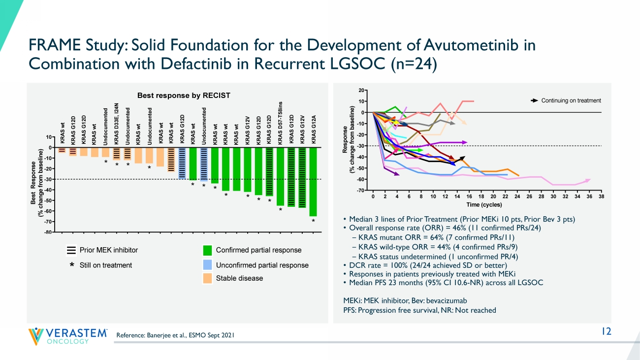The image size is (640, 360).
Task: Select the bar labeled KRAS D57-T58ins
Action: (x=280, y=176)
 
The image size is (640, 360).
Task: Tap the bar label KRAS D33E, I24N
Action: (x=117, y=124)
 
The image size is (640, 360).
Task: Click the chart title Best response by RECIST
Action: (x=183, y=96)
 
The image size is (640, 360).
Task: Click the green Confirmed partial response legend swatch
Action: (x=207, y=250)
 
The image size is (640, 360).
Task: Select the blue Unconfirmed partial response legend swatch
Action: (x=207, y=265)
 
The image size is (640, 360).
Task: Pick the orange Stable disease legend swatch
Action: (x=207, y=278)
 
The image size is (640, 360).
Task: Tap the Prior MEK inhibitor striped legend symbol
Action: (x=71, y=250)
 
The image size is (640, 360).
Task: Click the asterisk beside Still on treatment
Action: (x=71, y=265)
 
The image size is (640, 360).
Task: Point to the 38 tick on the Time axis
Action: (x=601, y=196)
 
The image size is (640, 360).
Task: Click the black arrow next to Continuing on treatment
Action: (x=534, y=101)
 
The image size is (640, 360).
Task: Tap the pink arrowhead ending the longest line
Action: (x=588, y=180)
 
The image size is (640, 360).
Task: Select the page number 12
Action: (x=606, y=331)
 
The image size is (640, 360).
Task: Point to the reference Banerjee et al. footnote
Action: (x=175, y=335)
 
